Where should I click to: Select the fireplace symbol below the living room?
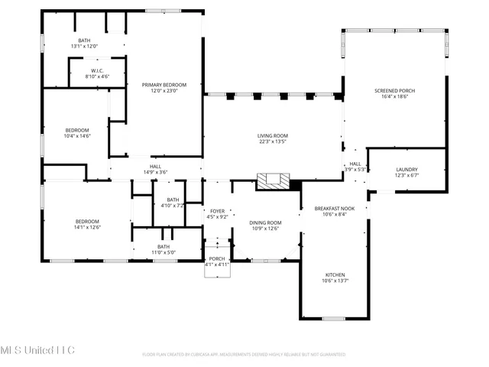point(274,181)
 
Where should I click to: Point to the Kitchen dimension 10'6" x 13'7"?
point(335,281)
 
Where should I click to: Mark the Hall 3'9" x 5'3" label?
point(355,167)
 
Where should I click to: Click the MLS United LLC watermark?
point(38,350)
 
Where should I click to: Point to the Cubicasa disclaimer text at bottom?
point(244,355)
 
